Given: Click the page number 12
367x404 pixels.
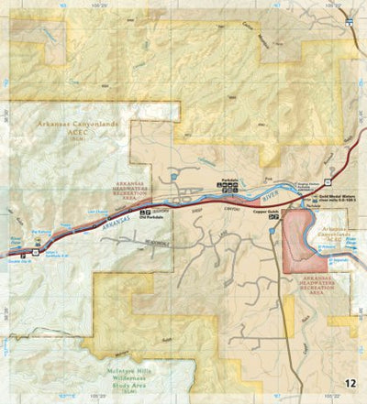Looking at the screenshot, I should (350, 383).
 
